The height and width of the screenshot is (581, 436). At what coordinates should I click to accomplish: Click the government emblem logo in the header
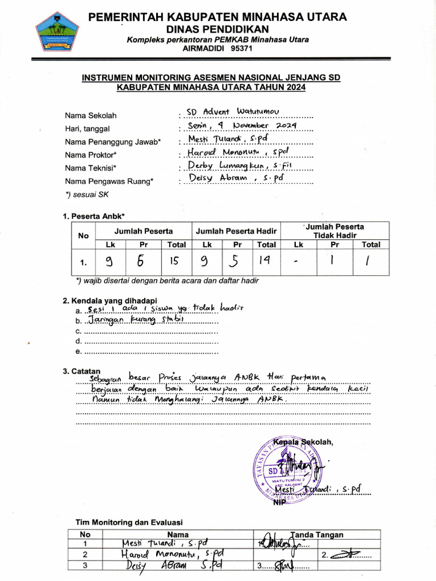pos(57,32)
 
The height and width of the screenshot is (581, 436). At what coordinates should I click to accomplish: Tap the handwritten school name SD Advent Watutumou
pos(233,111)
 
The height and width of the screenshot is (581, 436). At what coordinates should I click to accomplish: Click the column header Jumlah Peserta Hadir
pos(236,231)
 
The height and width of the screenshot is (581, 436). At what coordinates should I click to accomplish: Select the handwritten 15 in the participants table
pos(175,262)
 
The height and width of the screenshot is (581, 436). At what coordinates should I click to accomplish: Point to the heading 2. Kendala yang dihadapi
pos(110,301)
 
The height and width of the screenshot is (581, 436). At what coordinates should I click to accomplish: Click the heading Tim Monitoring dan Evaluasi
pos(129,522)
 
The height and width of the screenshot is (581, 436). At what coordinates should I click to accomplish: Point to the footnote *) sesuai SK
pos(87,195)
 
